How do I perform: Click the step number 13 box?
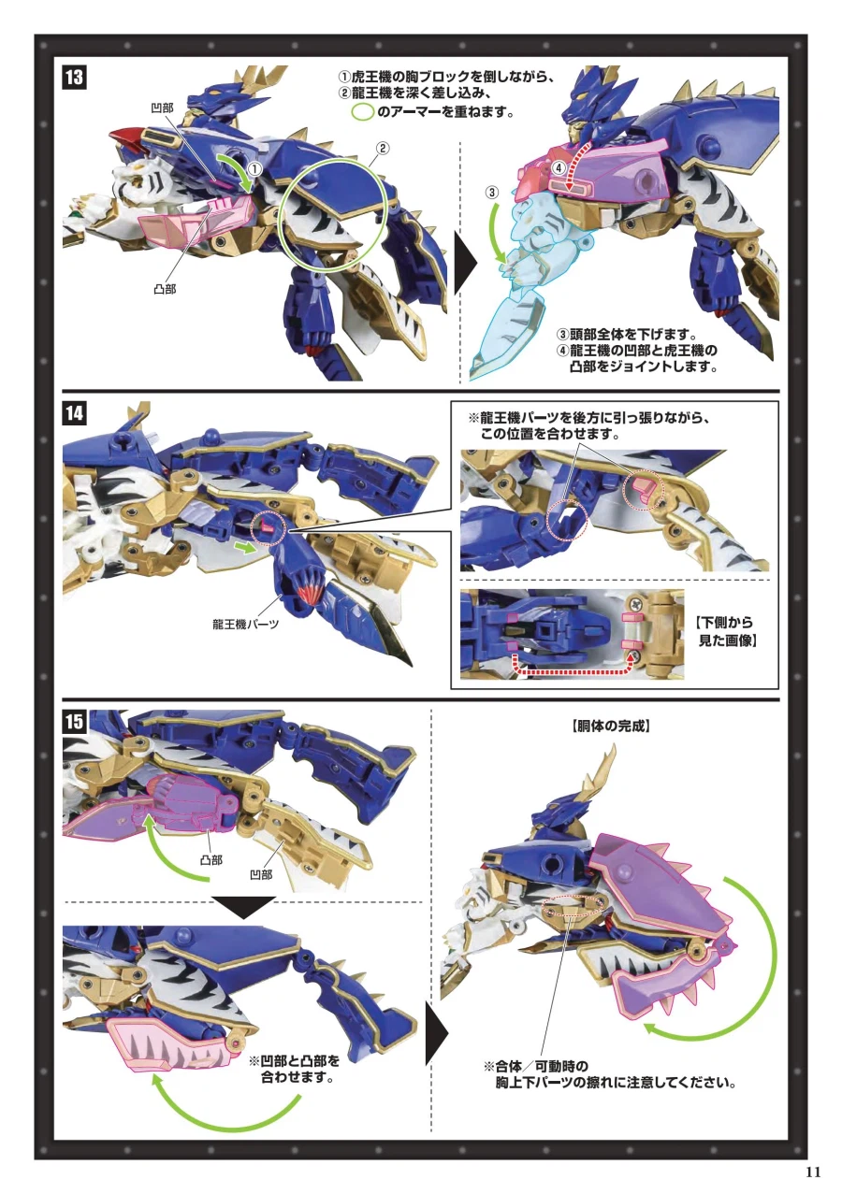(x=74, y=78)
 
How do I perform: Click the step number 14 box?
(x=74, y=413)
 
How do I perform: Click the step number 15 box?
(x=74, y=722)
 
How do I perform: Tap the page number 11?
(x=813, y=1171)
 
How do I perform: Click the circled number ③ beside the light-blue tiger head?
(x=492, y=193)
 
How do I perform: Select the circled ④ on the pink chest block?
(x=559, y=168)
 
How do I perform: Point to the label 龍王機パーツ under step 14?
(x=245, y=625)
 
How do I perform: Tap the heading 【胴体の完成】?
(x=610, y=726)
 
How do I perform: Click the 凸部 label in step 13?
(x=165, y=290)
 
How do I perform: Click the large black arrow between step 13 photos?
(x=466, y=264)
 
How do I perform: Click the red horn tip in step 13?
(x=127, y=137)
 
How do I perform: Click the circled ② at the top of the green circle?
(x=383, y=149)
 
